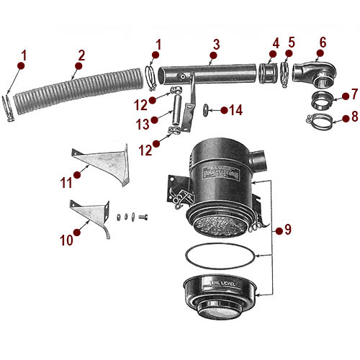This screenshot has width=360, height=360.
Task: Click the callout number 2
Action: click(x=81, y=55)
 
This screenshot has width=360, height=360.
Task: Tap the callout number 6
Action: click(x=322, y=43)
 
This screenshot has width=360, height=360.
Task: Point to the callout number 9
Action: click(x=288, y=230)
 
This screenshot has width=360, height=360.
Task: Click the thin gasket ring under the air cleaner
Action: click(x=219, y=255)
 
